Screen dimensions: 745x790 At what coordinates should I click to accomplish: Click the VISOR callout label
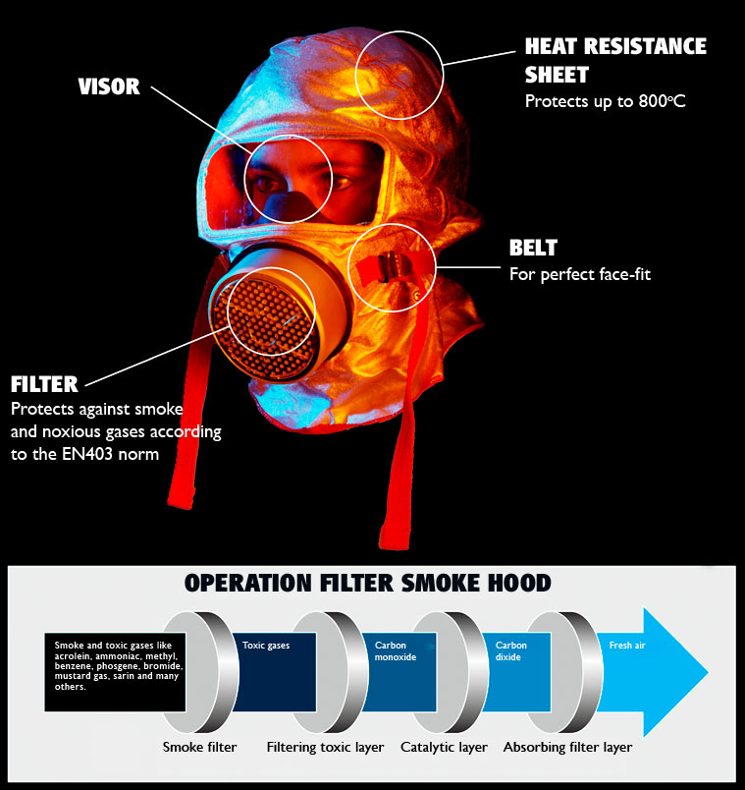tap(109, 86)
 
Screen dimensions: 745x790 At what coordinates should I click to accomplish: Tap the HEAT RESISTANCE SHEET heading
tap(615, 61)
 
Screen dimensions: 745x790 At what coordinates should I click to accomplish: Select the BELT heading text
tap(533, 248)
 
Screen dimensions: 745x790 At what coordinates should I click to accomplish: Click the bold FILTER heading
tap(44, 384)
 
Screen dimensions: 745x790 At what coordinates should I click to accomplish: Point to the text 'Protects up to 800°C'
tap(605, 101)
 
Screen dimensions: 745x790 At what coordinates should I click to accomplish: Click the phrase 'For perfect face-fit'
tap(580, 274)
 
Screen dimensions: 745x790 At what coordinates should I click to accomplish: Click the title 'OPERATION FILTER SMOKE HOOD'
tap(368, 583)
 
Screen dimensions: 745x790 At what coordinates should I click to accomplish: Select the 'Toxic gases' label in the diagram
tap(266, 646)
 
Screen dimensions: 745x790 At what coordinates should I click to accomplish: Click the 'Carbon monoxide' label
tap(396, 650)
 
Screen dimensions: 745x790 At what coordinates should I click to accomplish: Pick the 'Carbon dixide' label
tap(511, 650)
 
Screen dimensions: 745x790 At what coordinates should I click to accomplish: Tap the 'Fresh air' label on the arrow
tap(627, 646)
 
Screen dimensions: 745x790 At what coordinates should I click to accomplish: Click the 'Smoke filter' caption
tap(200, 747)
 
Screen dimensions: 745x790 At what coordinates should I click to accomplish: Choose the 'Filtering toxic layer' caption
tap(325, 747)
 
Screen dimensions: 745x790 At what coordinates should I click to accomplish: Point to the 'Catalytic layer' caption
tap(444, 747)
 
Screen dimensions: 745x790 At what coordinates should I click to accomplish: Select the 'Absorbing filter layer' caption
tap(567, 747)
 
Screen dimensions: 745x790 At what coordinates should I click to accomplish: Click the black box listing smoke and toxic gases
tap(115, 672)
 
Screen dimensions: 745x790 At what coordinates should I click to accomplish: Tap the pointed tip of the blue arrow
tap(708, 672)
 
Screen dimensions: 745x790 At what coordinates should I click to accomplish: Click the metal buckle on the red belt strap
tap(387, 267)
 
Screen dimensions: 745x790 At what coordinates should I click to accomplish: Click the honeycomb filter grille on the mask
tap(267, 329)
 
